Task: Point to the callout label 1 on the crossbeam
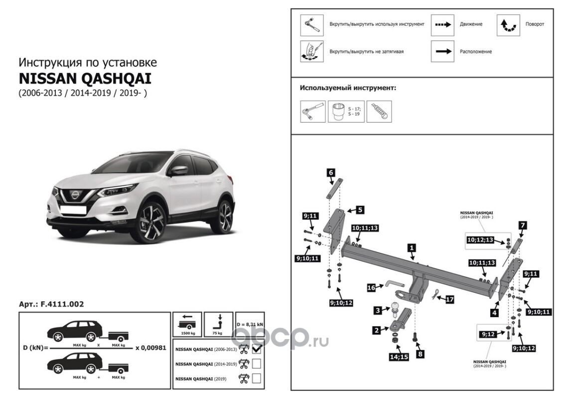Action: [x=412, y=247]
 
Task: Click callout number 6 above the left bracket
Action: [x=330, y=173]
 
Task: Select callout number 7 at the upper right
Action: [x=522, y=225]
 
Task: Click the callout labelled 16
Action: [x=371, y=287]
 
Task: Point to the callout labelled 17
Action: [x=450, y=300]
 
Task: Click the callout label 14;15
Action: [x=398, y=357]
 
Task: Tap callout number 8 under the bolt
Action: [x=421, y=354]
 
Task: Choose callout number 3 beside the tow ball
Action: [x=378, y=310]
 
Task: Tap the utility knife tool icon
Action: [x=379, y=112]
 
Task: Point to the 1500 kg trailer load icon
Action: [x=187, y=324]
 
